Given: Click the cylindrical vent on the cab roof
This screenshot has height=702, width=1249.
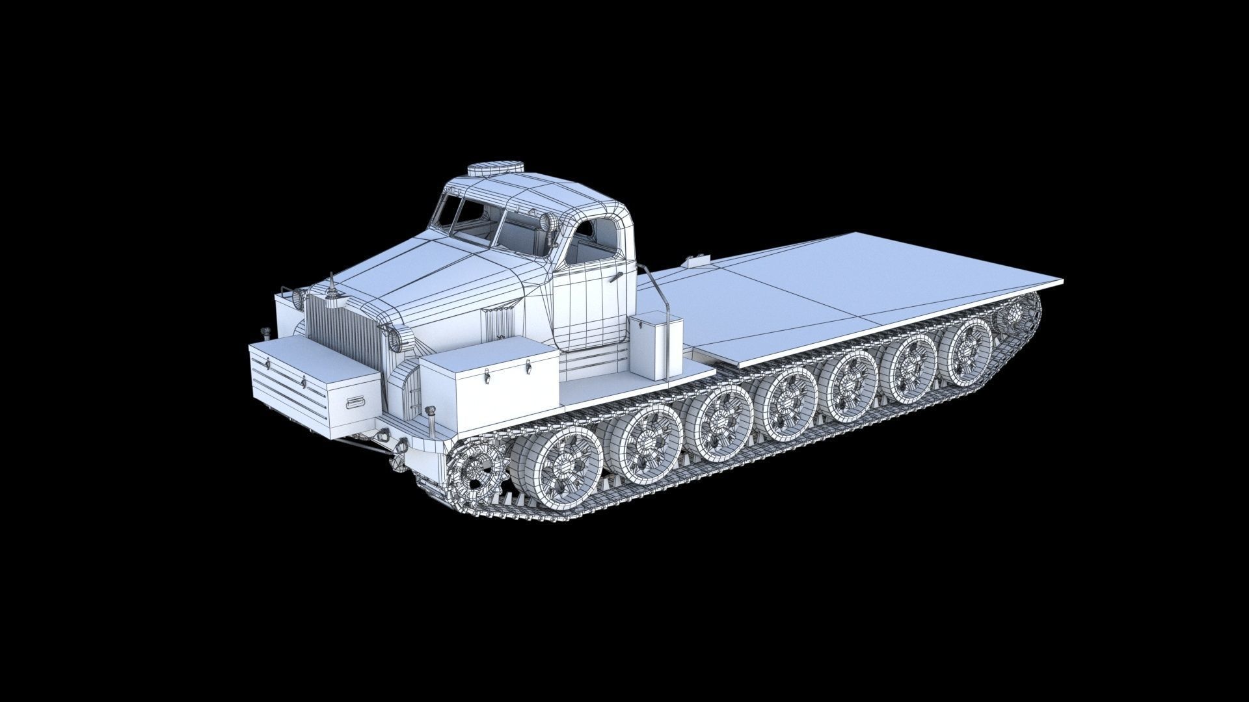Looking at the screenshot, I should pyautogui.click(x=496, y=168).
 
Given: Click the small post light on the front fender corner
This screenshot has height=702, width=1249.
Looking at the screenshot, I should pyautogui.click(x=429, y=416).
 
